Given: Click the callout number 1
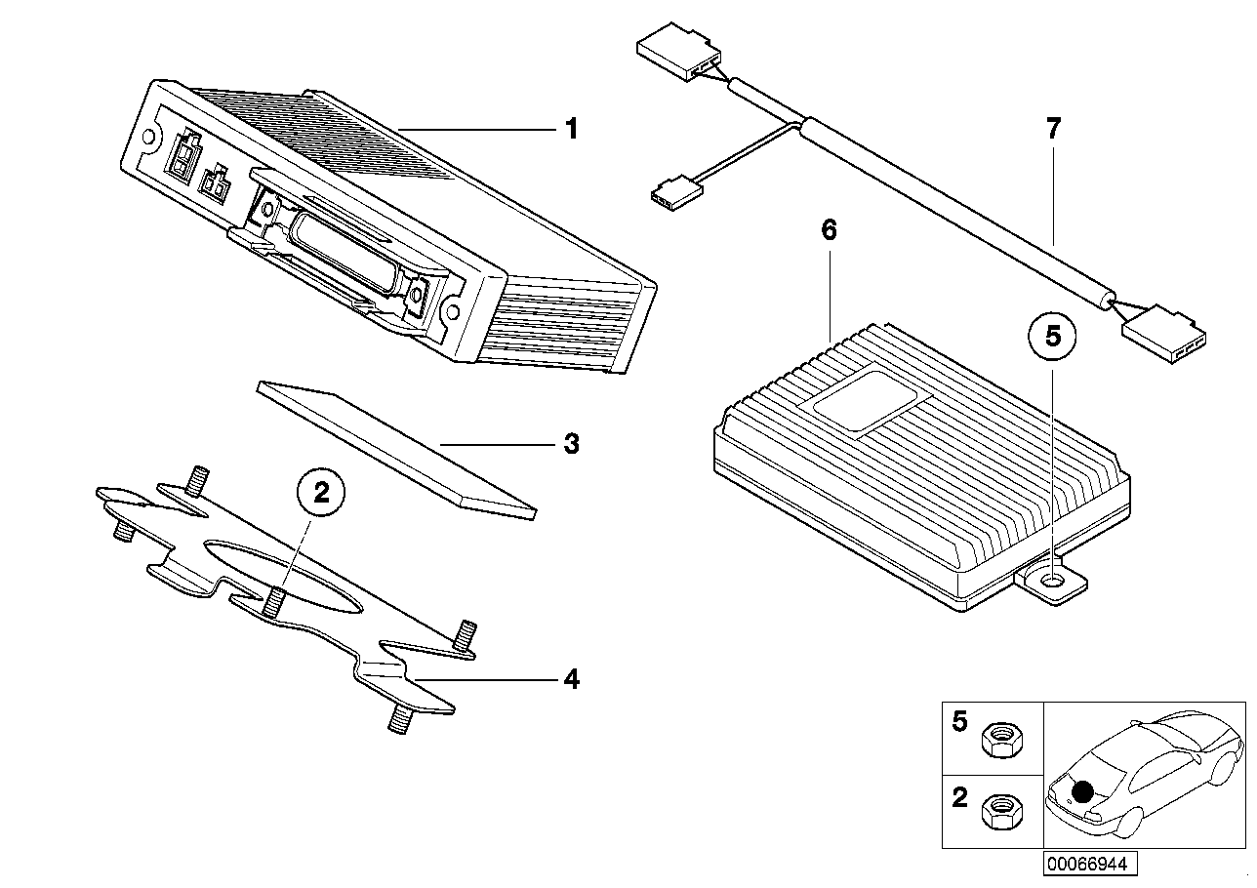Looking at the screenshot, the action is (x=571, y=129).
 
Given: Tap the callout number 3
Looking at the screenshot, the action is (x=571, y=444).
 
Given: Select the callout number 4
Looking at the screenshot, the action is (x=571, y=679).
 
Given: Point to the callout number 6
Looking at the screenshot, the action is (x=829, y=230).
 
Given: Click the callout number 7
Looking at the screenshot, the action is (x=1054, y=129).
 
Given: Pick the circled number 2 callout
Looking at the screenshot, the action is (x=321, y=493).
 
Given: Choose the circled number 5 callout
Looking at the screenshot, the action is (x=1052, y=337).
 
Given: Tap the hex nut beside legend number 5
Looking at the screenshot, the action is (x=1003, y=741).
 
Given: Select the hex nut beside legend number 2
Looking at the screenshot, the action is (x=1002, y=811).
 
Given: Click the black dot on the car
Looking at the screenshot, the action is (x=1082, y=791).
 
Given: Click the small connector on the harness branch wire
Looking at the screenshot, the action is (x=676, y=194).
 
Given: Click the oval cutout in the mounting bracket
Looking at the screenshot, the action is (x=283, y=578).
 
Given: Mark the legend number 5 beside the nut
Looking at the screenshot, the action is (x=960, y=721).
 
